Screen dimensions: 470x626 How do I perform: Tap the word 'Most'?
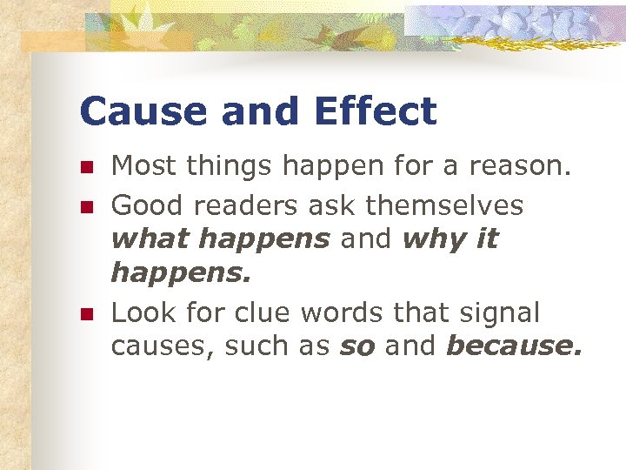(x=144, y=165)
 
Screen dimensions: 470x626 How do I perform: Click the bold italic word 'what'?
(x=144, y=239)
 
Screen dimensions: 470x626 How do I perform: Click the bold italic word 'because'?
(x=512, y=346)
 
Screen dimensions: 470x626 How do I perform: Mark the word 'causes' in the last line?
(x=163, y=347)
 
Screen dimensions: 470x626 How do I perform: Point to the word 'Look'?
(x=142, y=312)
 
